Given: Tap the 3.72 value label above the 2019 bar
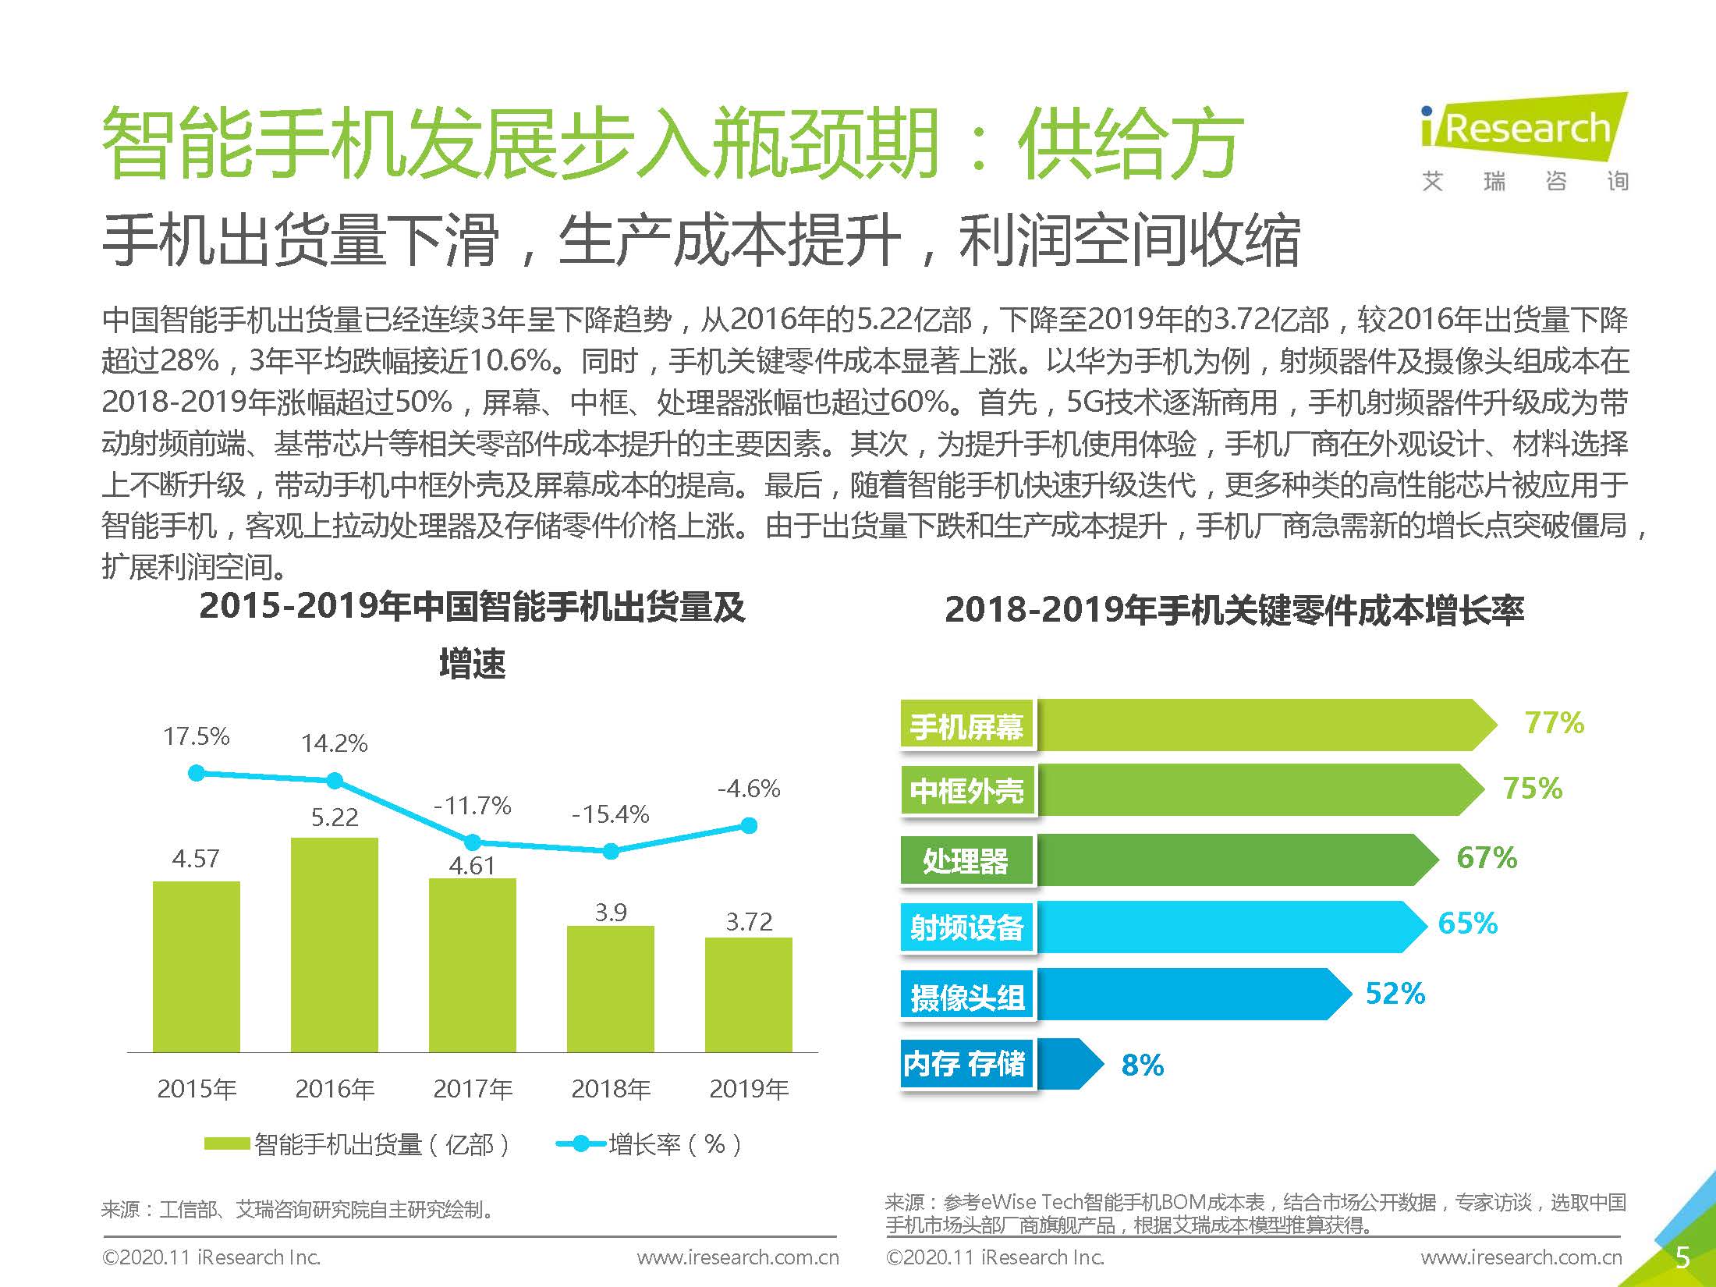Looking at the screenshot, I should point(749,922).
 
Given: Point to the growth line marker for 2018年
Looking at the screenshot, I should point(611,851).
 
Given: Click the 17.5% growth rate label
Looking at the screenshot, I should point(196,736).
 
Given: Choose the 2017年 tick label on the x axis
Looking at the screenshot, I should point(473,1088).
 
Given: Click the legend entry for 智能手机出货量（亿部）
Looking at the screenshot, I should point(357,1144).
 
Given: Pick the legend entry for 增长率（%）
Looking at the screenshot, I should point(649,1144).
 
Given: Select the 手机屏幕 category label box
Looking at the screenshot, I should point(967,727).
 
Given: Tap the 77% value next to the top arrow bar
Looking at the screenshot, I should point(1554,723).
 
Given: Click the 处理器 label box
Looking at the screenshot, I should point(967,861).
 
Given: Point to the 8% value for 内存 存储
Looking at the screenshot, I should point(1142,1065).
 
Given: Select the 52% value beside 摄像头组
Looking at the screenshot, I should point(1395,994).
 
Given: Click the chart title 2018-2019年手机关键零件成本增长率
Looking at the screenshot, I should point(1234,610).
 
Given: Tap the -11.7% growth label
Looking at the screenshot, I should point(472,805).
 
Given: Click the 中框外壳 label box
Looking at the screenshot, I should point(967,791).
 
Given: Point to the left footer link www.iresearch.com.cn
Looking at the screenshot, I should point(737,1257).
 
